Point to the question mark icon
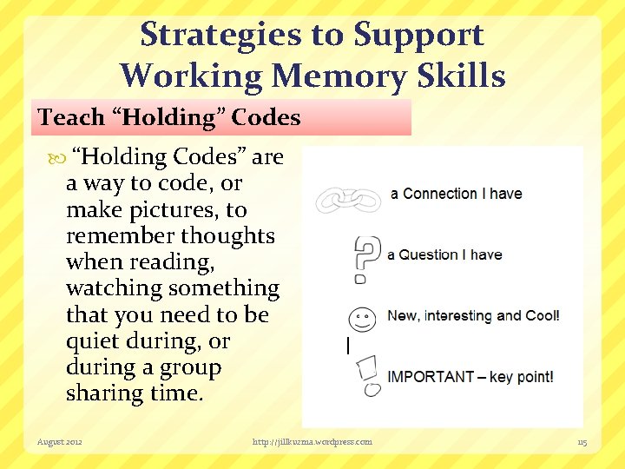(366, 259)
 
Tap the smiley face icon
(363, 319)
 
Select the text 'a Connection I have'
(456, 194)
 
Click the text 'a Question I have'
(444, 254)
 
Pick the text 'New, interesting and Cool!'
(473, 316)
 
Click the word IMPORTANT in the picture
(431, 377)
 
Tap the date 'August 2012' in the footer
(60, 442)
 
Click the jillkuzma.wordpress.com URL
(312, 442)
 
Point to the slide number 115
(582, 443)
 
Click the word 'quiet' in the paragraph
(92, 341)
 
